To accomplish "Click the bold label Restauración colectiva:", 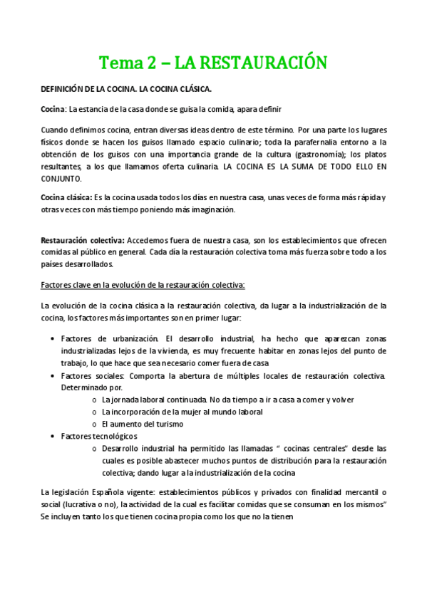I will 84,240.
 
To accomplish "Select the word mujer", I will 197,412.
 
